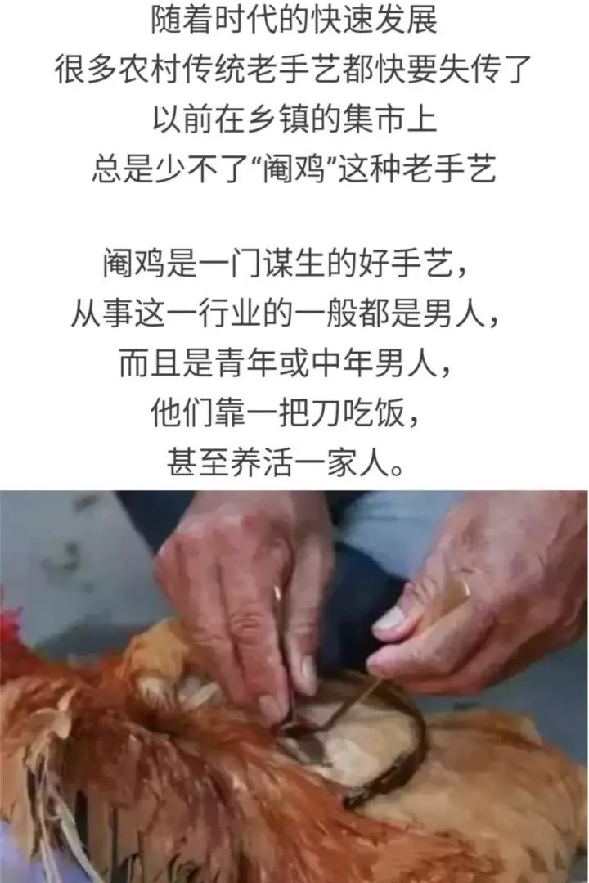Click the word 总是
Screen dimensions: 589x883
click(x=124, y=169)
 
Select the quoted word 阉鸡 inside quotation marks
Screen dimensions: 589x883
click(x=294, y=169)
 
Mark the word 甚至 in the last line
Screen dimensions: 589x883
click(x=198, y=463)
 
